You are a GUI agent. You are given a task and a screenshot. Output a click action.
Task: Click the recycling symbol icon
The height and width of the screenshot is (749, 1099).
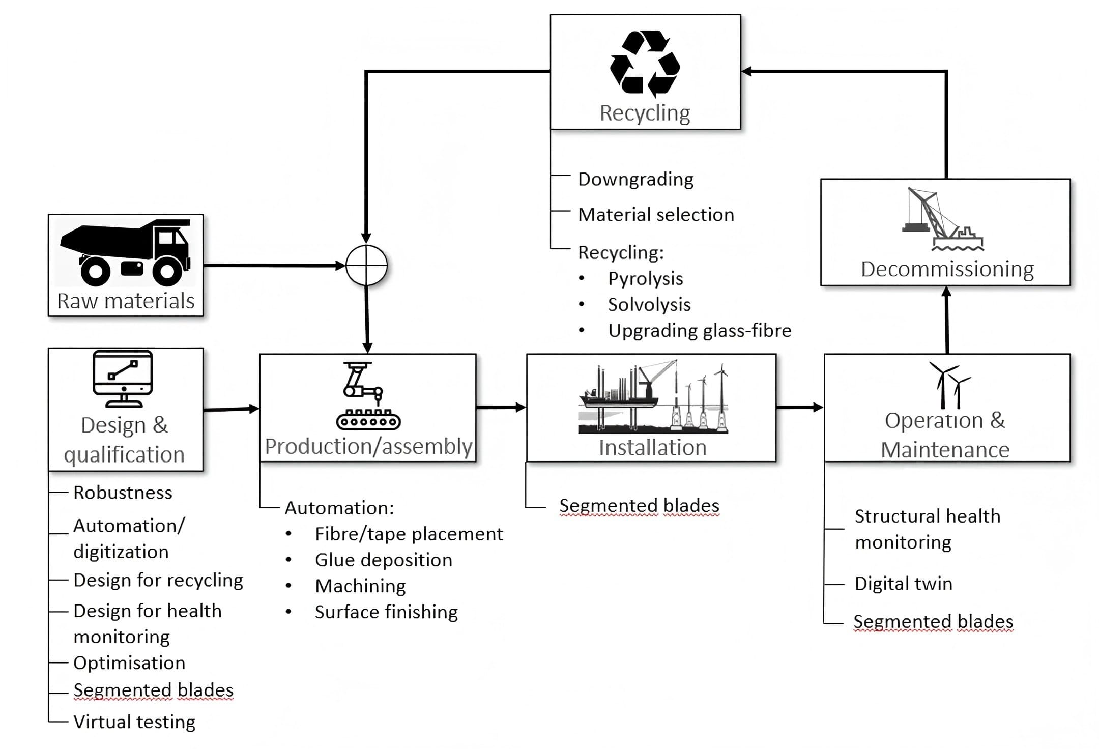click(645, 64)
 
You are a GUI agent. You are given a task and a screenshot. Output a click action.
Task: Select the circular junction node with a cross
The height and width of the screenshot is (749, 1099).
click(366, 265)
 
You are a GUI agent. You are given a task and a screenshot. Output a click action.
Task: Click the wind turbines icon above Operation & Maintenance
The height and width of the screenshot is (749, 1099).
click(948, 385)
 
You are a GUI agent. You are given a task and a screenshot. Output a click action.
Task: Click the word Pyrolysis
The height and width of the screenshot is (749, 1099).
click(645, 279)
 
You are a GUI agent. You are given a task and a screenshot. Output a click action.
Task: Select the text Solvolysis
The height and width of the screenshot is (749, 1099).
click(649, 305)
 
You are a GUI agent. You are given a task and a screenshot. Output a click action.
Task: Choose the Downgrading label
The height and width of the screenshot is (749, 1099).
click(635, 179)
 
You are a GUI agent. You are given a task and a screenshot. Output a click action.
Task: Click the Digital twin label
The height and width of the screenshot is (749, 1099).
click(903, 584)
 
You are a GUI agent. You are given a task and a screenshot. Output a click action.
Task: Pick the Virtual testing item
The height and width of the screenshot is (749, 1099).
click(134, 722)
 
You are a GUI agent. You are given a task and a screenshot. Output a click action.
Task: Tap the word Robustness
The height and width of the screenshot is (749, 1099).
click(123, 493)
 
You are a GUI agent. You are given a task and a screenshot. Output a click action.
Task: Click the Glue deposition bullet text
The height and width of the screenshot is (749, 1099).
click(383, 560)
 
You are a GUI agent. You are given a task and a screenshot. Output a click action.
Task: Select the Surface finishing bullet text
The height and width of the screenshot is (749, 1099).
click(386, 612)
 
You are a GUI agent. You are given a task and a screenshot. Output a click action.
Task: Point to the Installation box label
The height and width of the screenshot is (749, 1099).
click(652, 448)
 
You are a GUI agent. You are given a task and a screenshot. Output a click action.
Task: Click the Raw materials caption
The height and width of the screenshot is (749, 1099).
click(126, 301)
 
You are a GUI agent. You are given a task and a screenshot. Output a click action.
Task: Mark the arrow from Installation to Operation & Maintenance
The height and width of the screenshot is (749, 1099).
click(799, 407)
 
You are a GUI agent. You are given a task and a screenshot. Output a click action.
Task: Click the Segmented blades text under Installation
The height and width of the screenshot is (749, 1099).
click(639, 506)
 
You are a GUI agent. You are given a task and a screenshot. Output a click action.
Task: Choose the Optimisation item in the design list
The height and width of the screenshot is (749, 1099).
click(129, 663)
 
